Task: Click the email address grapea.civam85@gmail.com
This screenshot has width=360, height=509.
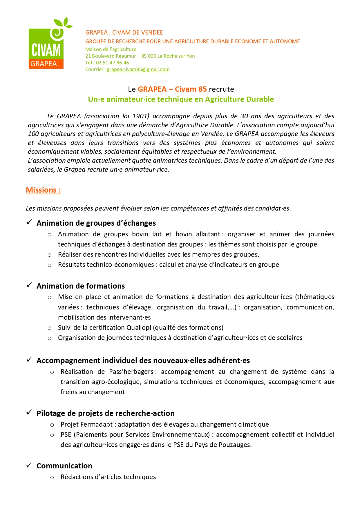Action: [138, 70]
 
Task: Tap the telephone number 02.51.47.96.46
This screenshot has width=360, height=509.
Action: [113, 63]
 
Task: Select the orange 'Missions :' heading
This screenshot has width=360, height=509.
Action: [43, 190]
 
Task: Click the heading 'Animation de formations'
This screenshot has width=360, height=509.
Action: [81, 286]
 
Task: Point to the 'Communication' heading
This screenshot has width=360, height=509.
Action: [64, 466]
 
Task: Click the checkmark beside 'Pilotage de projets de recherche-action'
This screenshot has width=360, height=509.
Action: [29, 412]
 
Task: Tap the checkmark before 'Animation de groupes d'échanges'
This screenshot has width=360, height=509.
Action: [29, 222]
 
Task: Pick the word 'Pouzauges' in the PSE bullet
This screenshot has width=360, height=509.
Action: [236, 445]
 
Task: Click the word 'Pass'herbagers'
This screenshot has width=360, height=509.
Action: [131, 372]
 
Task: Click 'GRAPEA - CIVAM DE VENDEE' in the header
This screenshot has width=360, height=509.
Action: [124, 32]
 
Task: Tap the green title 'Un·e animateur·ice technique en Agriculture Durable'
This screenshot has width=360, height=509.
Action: [181, 99]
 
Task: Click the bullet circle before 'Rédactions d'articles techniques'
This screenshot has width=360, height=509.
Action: [52, 477]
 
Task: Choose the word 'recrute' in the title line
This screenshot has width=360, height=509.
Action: [221, 89]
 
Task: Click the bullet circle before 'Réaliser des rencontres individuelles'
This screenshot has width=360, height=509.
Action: [50, 255]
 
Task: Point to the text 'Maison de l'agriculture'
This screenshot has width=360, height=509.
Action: [111, 49]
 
